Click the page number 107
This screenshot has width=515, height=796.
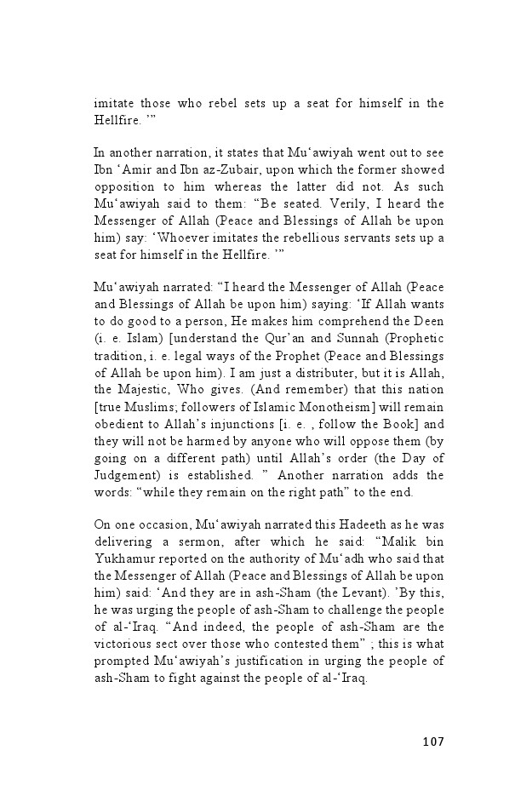click(x=432, y=742)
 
